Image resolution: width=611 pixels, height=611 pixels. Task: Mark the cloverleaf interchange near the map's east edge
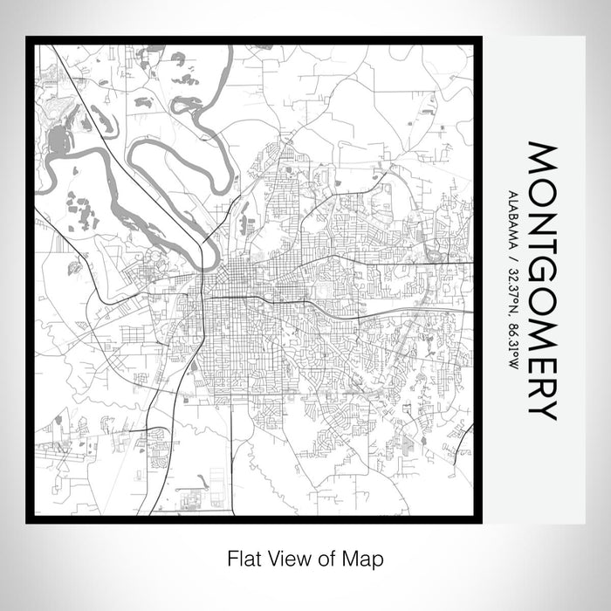(x=432, y=256)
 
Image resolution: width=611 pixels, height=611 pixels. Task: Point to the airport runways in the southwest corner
(x=65, y=454)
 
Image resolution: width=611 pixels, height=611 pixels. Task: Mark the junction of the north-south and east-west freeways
(x=207, y=298)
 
